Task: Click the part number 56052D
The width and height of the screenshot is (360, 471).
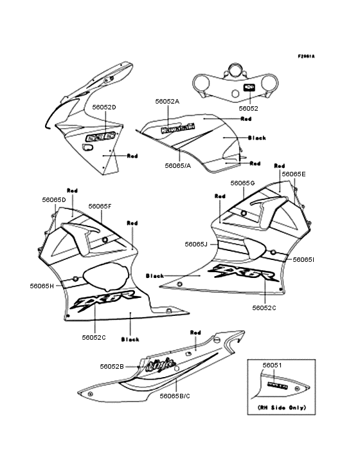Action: [x=104, y=107]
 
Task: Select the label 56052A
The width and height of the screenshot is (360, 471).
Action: [x=167, y=102]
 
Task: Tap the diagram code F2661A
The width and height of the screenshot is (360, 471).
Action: [x=306, y=56]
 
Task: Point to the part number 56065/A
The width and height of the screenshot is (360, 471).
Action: [x=177, y=165]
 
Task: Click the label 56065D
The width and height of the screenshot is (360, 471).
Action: [x=53, y=199]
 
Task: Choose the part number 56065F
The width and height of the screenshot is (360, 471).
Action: [x=100, y=206]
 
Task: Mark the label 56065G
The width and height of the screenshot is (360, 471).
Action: [x=243, y=183]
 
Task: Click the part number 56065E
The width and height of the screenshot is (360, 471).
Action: [x=294, y=174]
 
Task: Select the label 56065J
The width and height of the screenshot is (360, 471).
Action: [x=195, y=244]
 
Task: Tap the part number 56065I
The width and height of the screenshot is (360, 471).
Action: [x=303, y=259]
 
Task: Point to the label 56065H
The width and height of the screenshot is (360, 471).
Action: [x=41, y=285]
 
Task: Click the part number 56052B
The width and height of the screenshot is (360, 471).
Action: [x=112, y=366]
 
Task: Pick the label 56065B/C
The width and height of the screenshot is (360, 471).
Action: [x=175, y=396]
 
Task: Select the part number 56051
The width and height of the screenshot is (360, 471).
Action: [x=272, y=365]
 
